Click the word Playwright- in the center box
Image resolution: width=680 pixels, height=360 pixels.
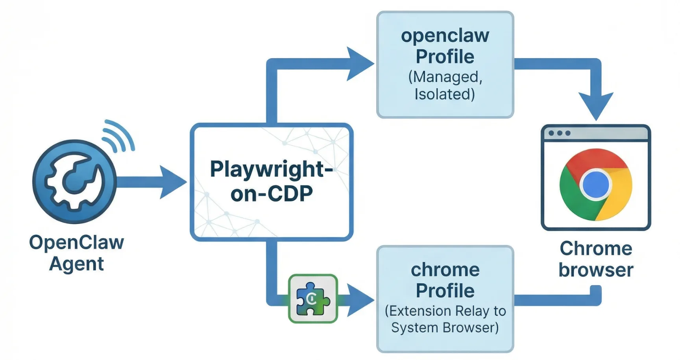(x=271, y=169)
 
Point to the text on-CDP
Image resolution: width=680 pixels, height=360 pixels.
(x=272, y=194)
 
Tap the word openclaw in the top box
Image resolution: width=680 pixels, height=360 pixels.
(x=445, y=35)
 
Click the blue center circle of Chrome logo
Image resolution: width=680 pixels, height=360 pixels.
(x=596, y=185)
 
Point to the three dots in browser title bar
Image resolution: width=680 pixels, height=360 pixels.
(x=559, y=133)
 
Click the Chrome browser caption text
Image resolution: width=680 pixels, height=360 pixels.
(x=596, y=259)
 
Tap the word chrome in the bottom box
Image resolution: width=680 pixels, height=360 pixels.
(x=445, y=270)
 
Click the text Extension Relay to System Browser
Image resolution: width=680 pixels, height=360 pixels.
(x=445, y=319)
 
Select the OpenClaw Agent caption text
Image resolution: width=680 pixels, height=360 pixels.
(x=76, y=253)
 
